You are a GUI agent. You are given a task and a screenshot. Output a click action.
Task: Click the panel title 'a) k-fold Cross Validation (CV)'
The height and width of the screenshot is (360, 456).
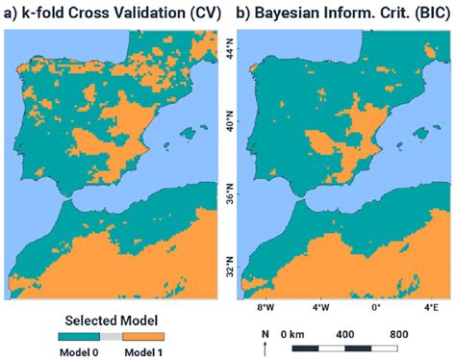pyautogui.click(x=113, y=13)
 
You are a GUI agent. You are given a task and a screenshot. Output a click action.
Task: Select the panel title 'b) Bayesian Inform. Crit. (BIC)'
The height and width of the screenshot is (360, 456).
pyautogui.click(x=343, y=13)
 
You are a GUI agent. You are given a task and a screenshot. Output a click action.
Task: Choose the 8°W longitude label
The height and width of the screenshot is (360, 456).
pyautogui.click(x=265, y=308)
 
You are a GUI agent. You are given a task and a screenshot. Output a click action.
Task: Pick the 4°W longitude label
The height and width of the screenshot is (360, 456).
pyautogui.click(x=322, y=308)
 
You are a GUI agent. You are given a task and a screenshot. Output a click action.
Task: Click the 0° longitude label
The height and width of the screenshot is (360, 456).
pyautogui.click(x=377, y=308)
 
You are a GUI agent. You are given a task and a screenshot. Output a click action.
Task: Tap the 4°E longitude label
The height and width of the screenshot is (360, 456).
pyautogui.click(x=431, y=308)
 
